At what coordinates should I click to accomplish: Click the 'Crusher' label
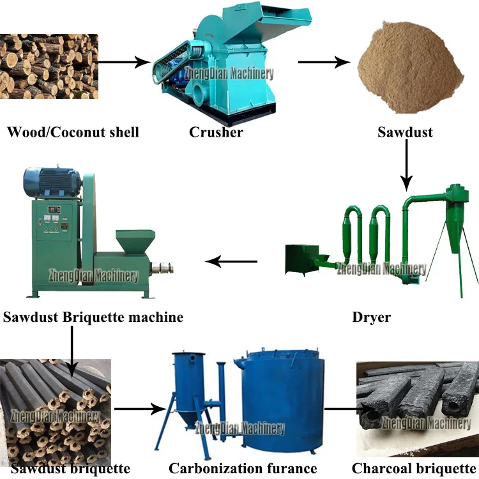click(216, 133)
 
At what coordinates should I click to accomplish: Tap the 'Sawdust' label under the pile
click(404, 133)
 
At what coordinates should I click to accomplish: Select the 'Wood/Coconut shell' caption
click(73, 133)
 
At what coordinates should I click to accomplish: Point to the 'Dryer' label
click(371, 317)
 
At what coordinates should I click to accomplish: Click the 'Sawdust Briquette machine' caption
click(93, 317)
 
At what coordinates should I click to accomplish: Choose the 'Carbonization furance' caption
click(243, 469)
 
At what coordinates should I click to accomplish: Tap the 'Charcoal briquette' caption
click(414, 469)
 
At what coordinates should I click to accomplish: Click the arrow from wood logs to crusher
click(125, 63)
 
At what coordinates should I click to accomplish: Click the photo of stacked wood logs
click(49, 66)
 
